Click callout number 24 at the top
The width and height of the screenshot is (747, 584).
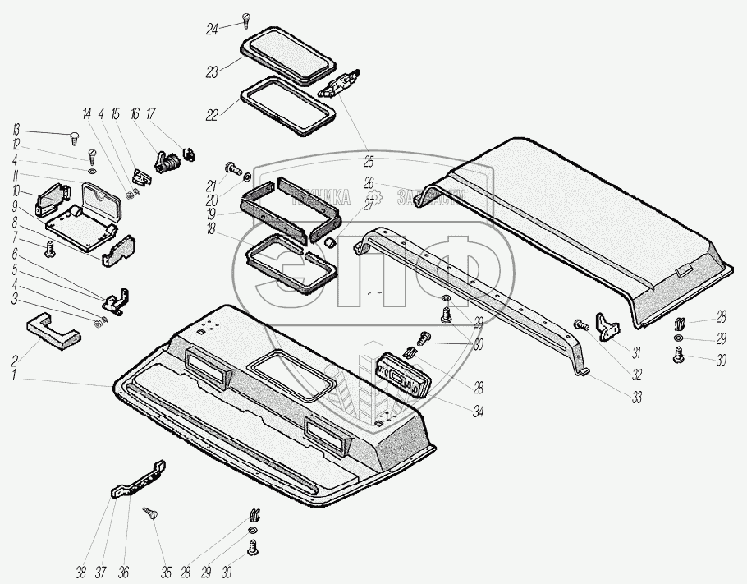(x=212, y=30)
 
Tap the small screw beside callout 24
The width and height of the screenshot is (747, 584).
(x=245, y=18)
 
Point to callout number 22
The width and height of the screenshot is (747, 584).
(x=212, y=115)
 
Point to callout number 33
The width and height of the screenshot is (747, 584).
(x=637, y=398)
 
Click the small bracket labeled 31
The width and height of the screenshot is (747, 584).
(x=608, y=325)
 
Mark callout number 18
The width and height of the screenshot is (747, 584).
(x=211, y=232)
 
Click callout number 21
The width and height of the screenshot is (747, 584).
(x=211, y=185)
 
